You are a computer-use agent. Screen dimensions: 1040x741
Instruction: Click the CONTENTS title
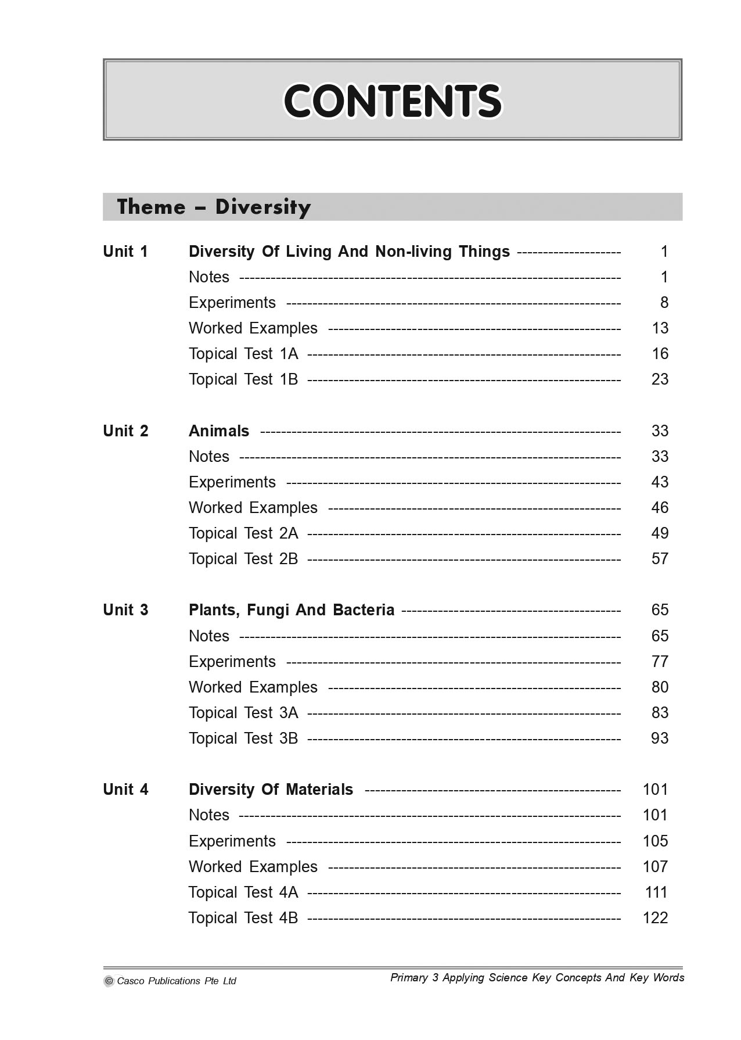[393, 101]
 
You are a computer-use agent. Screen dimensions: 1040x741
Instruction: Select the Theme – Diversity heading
[214, 207]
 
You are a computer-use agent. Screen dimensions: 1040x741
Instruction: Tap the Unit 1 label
[125, 252]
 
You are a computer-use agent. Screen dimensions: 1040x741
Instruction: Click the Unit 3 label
[125, 610]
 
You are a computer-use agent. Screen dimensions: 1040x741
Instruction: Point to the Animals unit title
[219, 431]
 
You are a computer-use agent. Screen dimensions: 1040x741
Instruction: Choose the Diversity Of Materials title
[271, 790]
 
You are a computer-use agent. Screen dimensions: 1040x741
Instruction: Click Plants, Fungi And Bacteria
[292, 610]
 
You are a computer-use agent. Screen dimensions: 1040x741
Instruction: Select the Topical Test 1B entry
[243, 379]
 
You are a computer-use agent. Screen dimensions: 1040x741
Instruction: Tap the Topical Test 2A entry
[243, 533]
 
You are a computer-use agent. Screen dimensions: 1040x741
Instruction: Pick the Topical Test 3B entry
[243, 738]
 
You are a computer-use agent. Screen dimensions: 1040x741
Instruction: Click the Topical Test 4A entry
[243, 892]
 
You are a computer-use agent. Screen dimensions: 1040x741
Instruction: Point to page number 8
[664, 303]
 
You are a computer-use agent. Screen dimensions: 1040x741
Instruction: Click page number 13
[660, 328]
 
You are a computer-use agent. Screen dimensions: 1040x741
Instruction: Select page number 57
[660, 559]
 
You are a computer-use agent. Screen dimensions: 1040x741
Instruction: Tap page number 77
[660, 662]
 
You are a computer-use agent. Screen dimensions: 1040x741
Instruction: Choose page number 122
[656, 918]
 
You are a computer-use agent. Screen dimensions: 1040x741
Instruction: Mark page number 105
[656, 841]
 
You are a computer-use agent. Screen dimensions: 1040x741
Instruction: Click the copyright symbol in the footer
[109, 981]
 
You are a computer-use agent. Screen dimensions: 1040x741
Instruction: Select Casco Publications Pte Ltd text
[177, 981]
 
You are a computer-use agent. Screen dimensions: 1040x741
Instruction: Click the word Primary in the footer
[409, 978]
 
